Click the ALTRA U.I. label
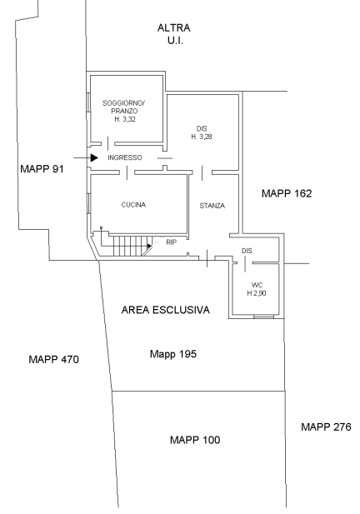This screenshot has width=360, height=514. tap(174, 34)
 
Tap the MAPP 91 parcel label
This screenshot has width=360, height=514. tap(42, 169)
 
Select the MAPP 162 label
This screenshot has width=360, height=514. tap(287, 193)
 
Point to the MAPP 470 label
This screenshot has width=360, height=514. tap(54, 359)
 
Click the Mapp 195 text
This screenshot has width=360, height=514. tap(173, 354)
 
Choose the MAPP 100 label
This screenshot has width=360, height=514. tap(195, 440)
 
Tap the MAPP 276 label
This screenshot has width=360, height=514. tap(326, 427)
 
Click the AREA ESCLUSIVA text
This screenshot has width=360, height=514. tap(166, 310)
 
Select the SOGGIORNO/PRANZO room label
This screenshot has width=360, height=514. tap(124, 107)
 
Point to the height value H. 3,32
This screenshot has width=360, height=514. tap(125, 119)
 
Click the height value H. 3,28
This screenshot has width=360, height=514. tap(202, 137)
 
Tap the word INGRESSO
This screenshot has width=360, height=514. tap(125, 157)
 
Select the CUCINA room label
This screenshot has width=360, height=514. tap(133, 205)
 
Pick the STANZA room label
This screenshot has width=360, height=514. tap(212, 206)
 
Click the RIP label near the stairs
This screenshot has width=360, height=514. tap(171, 242)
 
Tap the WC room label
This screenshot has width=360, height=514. tap(257, 285)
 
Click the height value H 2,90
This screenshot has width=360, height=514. tap(257, 293)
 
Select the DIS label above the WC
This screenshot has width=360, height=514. tap(247, 251)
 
